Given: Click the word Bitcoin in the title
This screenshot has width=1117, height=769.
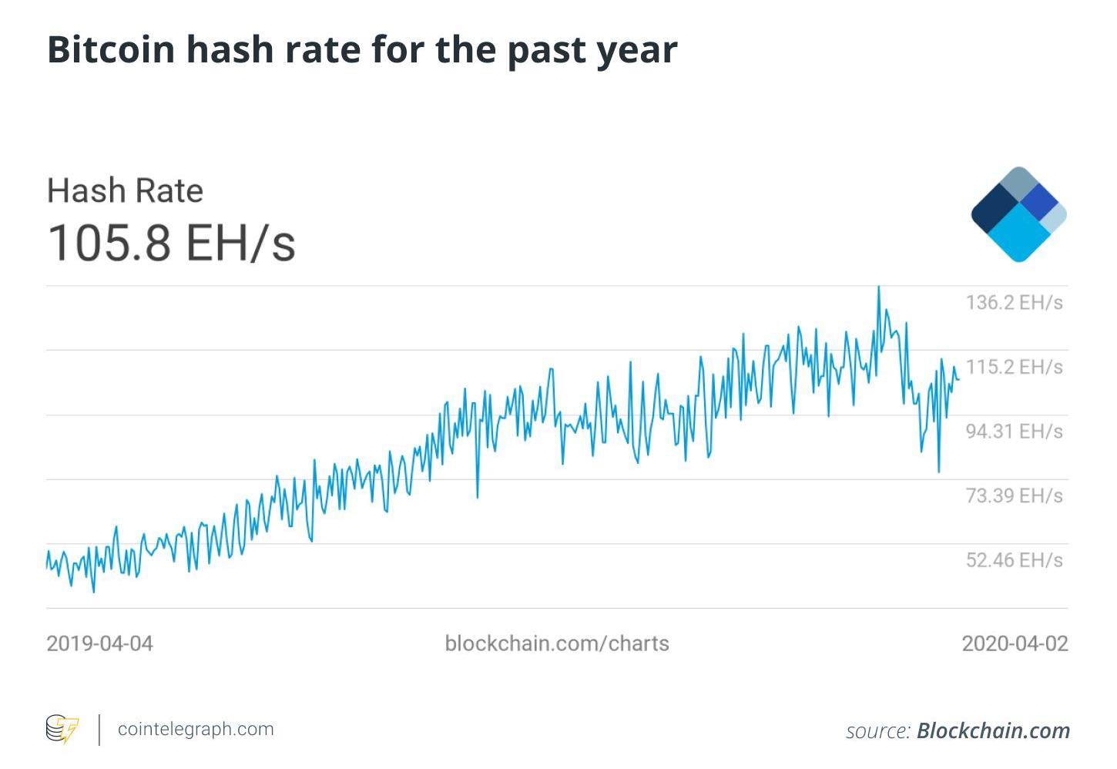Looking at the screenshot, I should click(x=111, y=49).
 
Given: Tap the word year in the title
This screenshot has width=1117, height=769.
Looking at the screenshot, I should click(x=637, y=51).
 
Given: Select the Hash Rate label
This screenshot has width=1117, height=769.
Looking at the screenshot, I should click(x=125, y=190).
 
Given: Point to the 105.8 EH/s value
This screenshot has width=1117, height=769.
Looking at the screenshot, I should click(x=171, y=242).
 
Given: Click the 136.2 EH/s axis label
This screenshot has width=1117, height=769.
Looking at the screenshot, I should click(x=1014, y=302).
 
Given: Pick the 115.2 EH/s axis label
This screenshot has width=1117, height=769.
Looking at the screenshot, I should click(x=1014, y=367).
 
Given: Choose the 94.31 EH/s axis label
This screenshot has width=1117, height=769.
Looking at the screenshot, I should click(x=1014, y=431).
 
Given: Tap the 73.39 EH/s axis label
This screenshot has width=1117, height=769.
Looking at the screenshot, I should click(x=1014, y=495).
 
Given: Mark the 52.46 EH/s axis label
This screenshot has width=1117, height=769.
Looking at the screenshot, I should click(x=1014, y=560).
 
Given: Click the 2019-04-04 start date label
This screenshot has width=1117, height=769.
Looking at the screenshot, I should click(x=99, y=643).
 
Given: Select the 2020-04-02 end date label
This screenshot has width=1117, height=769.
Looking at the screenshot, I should click(x=1015, y=643).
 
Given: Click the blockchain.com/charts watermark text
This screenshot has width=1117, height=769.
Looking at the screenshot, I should click(x=557, y=643).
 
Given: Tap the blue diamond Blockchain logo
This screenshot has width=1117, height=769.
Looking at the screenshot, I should click(x=1018, y=214).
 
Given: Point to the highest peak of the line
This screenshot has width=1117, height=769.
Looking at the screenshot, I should click(x=878, y=287).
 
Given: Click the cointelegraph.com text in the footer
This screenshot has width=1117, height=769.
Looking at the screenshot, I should click(x=196, y=729).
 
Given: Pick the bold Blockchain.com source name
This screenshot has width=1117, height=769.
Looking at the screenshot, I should click(x=993, y=730).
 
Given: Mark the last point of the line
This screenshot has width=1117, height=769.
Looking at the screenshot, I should click(x=959, y=379).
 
